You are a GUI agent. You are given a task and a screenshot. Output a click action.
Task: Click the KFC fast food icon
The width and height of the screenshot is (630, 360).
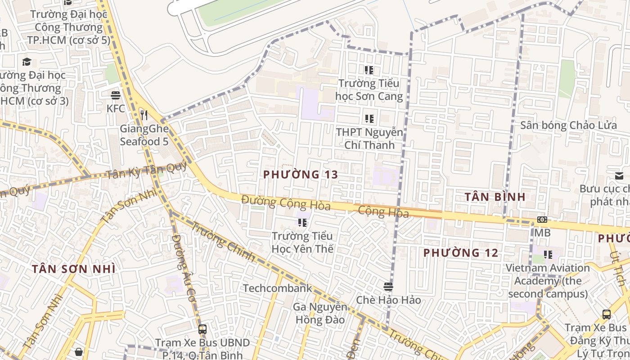click(x=116, y=95)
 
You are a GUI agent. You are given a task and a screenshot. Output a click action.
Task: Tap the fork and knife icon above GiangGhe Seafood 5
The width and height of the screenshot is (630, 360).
click(x=144, y=115)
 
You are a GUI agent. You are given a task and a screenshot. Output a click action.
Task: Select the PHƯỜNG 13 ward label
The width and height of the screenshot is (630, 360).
click(x=301, y=175)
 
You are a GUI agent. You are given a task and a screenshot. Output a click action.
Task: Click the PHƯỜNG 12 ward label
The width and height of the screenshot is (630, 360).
click(x=461, y=253)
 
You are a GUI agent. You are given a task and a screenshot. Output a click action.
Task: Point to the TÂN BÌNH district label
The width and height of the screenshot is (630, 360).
click(x=495, y=197)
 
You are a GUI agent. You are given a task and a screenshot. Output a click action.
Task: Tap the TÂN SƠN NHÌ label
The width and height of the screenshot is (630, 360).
click(x=74, y=269)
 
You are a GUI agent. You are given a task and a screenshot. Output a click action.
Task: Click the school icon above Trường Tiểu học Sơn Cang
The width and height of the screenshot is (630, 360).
click(x=369, y=70)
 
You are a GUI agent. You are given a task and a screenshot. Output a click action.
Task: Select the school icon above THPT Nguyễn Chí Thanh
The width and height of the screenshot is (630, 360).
click(x=369, y=119)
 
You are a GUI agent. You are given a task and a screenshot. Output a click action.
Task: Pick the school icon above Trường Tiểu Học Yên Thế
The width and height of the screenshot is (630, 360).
click(x=302, y=222)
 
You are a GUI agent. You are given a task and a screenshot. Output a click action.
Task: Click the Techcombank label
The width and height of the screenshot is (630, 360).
click(x=278, y=288)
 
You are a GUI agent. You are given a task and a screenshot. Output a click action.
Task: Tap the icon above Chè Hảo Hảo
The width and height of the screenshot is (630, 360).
click(x=388, y=287)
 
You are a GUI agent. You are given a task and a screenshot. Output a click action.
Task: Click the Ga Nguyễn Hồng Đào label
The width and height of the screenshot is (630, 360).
click(x=320, y=314)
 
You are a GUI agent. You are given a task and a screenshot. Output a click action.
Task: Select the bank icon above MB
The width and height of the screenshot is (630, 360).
click(x=542, y=220)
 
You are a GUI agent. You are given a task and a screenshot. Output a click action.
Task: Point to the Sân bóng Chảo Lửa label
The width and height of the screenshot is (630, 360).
click(x=568, y=125)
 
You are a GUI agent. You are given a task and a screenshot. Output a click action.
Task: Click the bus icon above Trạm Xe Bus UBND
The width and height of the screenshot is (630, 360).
click(x=202, y=329)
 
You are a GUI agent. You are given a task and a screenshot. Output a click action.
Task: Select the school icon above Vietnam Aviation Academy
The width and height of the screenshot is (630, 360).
click(x=548, y=255)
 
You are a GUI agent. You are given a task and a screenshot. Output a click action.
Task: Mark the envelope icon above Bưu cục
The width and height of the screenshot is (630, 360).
click(x=619, y=176)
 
